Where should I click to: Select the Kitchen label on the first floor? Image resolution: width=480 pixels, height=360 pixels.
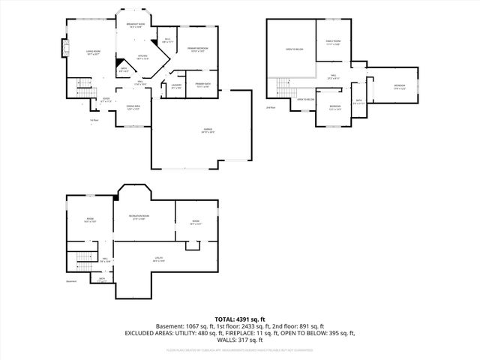coord(140,57)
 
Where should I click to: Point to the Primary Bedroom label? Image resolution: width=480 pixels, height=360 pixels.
coord(197,50)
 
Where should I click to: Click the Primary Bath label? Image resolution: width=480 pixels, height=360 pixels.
coord(202,85)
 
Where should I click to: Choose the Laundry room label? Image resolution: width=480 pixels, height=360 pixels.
coord(176,86)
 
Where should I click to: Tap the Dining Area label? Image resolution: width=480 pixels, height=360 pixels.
coord(133,108)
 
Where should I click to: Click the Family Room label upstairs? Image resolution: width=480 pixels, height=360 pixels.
coord(334,43)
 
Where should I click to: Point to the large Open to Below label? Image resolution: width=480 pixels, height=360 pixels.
coord(294,49)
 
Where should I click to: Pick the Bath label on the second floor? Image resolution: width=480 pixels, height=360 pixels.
coord(358,101)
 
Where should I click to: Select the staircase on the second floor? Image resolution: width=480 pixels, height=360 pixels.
coord(283,88)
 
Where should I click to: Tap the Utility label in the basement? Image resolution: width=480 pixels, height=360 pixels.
coord(160,259)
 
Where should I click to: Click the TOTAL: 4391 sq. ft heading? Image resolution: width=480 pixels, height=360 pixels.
coord(239,319)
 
